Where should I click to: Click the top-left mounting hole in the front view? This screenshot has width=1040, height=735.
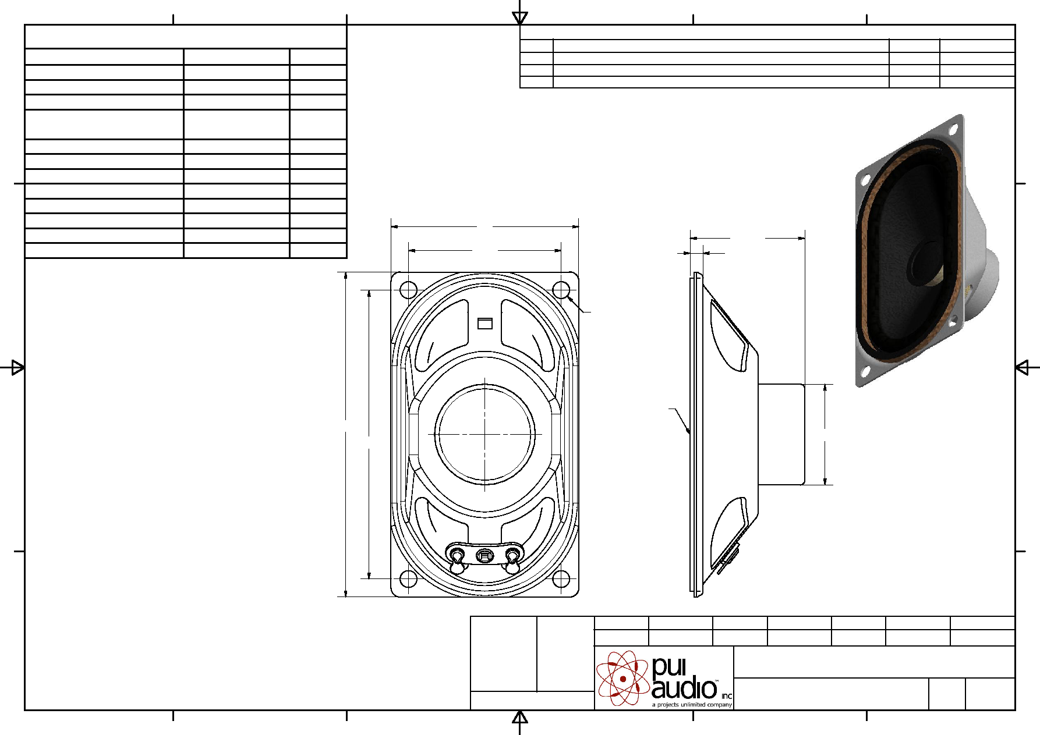tap(409, 289)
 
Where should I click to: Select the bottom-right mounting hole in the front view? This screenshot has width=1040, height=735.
tap(561, 579)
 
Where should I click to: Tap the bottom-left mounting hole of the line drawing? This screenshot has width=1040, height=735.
tap(409, 579)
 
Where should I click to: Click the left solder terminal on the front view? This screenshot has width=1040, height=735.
tap(458, 559)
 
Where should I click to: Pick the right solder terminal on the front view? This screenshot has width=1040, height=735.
tap(512, 559)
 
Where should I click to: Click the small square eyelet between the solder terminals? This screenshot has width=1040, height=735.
tap(484, 556)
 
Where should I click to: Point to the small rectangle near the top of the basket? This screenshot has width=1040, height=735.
tap(485, 323)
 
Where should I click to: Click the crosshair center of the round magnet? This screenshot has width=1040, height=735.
tap(485, 434)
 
